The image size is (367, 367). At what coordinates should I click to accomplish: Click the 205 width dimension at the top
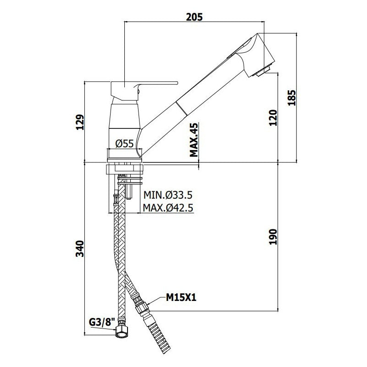[x=194, y=17]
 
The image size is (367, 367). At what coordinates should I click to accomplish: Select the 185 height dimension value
[x=292, y=98]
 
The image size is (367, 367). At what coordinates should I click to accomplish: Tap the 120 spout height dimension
[x=273, y=118]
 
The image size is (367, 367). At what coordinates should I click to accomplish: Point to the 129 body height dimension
[x=79, y=122]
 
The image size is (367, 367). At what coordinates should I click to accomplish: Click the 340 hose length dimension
[x=79, y=249]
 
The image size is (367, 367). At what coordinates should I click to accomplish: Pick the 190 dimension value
[x=273, y=237]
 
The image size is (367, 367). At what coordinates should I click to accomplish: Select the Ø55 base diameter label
[x=124, y=143]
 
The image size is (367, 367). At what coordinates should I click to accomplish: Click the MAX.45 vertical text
[x=194, y=140]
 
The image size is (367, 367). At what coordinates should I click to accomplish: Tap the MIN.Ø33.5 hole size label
[x=168, y=195]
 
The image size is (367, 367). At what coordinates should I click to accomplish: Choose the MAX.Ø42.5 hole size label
[x=168, y=208]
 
